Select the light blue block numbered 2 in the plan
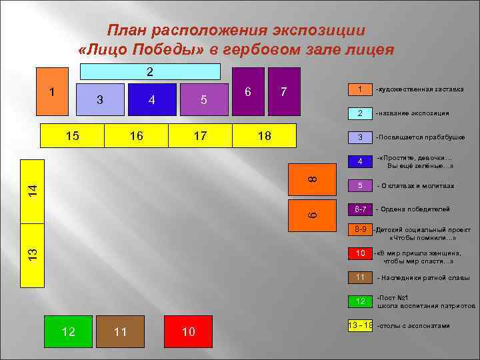click(x=150, y=71)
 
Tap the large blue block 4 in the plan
click(x=152, y=100)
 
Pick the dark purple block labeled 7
click(x=285, y=91)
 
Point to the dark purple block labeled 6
click(x=248, y=91)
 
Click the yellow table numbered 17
click(x=199, y=136)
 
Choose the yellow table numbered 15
click(x=73, y=136)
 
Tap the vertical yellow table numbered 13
click(x=32, y=253)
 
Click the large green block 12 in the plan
click(x=68, y=331)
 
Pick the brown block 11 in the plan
click(x=120, y=331)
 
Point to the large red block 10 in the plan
click(x=189, y=331)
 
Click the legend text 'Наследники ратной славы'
click(x=423, y=277)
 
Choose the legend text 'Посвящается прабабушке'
click(x=420, y=137)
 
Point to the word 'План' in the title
click(x=128, y=30)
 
